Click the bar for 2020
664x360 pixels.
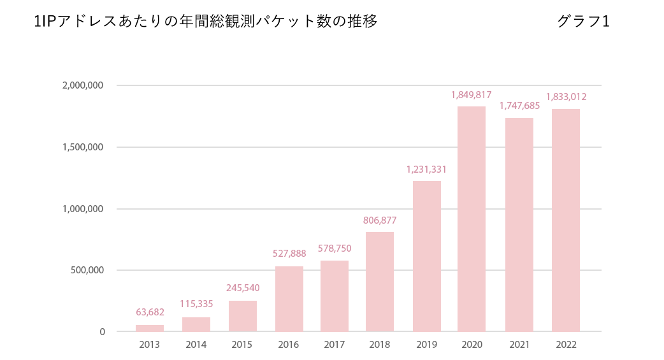click(472, 219)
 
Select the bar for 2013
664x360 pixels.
click(150, 328)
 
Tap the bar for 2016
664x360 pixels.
click(289, 299)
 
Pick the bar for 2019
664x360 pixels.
click(427, 256)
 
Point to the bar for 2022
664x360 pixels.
click(566, 220)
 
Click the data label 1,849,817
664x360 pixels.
click(472, 95)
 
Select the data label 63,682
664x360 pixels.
click(150, 312)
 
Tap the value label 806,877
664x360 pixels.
click(380, 220)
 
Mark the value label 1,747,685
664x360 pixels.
click(519, 106)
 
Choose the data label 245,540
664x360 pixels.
click(243, 288)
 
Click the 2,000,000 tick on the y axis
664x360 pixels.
click(83, 85)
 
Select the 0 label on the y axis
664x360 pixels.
click(102, 332)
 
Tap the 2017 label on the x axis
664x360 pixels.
click(334, 345)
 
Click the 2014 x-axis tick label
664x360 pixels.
click(196, 345)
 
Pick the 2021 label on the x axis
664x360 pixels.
click(519, 345)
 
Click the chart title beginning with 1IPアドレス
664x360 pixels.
click(206, 22)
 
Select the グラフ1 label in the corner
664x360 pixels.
click(583, 22)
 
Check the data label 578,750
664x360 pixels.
click(335, 248)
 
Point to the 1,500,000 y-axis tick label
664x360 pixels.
click(83, 147)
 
